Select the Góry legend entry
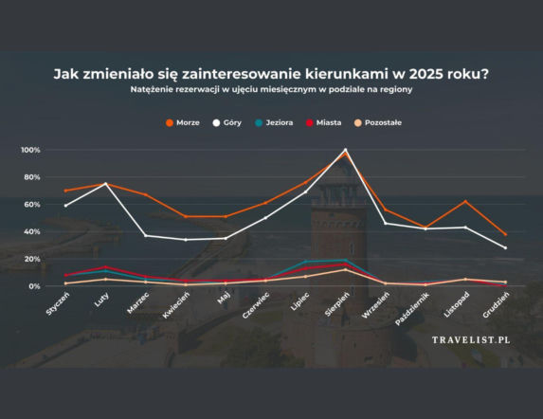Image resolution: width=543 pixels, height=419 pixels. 226,123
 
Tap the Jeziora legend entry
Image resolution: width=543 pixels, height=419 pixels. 274,123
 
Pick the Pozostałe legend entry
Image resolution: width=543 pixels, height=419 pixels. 377,123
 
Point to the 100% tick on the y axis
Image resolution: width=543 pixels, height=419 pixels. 30,150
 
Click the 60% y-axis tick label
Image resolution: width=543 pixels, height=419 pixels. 32,205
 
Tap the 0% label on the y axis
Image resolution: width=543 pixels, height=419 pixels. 34,286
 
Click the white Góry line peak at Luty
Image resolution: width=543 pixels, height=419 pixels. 105,184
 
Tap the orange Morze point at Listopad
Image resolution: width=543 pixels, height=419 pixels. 465,201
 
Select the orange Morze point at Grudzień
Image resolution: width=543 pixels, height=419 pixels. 505,234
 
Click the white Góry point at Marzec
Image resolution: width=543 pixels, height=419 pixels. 145,235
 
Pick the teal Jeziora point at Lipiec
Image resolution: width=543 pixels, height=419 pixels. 305,262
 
